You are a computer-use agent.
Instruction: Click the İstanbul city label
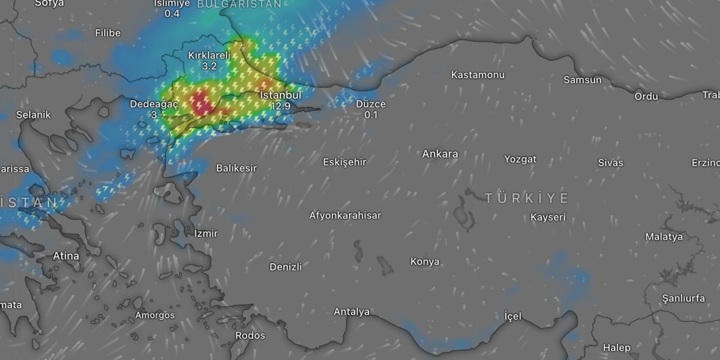281,95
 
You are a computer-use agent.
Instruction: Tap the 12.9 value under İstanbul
280,106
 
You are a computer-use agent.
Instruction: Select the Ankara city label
440,154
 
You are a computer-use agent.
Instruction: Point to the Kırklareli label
209,55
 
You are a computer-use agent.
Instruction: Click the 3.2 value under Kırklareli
209,66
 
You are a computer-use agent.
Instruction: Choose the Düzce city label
371,104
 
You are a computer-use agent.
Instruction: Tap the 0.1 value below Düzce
371,115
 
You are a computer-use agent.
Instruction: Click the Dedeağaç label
154,104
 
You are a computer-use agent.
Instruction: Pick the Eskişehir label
344,162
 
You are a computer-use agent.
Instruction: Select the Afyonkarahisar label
345,215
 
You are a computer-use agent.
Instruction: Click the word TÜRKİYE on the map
526,198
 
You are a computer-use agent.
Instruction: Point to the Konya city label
425,262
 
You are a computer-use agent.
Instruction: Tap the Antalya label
352,312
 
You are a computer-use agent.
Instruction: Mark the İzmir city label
205,233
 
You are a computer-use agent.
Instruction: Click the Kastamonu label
478,75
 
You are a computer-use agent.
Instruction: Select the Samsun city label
582,80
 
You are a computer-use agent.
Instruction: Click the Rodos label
250,336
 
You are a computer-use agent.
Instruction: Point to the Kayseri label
548,217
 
